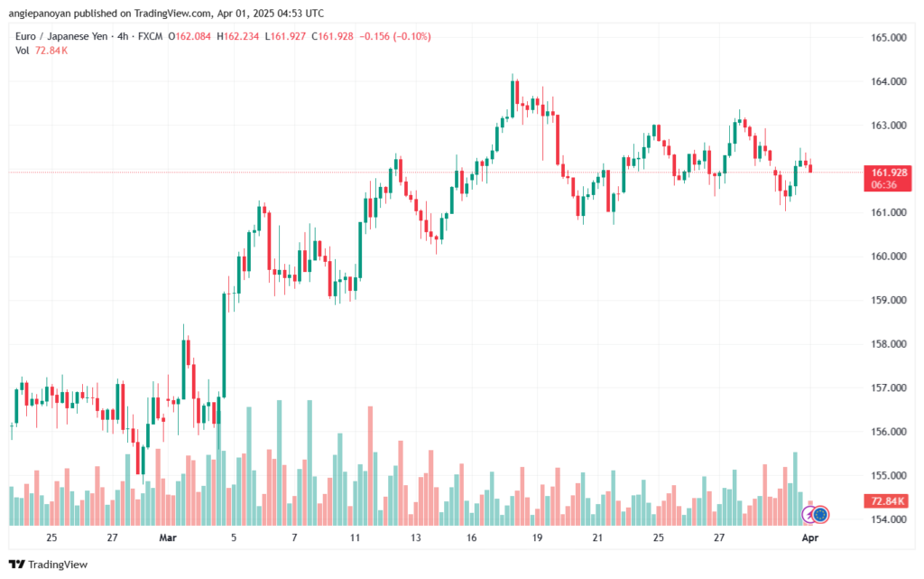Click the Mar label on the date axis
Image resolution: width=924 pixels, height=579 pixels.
[x=168, y=537]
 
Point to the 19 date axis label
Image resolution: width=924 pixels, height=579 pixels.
[x=537, y=537]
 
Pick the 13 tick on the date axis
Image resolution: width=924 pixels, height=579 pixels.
[x=415, y=537]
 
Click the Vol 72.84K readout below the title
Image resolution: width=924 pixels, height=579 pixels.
[x=42, y=50]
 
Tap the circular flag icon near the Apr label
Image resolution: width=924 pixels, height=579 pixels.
[x=820, y=515]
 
